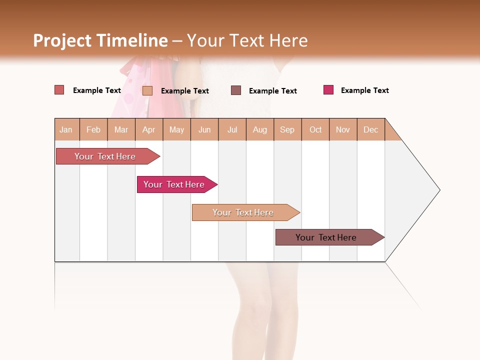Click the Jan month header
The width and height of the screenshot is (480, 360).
click(x=66, y=129)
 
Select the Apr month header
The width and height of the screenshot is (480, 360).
click(x=148, y=129)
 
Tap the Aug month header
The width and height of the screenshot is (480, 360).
click(x=259, y=129)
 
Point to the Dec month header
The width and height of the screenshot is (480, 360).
click(x=370, y=129)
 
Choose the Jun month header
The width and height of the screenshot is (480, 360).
click(x=204, y=129)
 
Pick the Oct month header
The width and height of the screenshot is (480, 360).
click(x=315, y=129)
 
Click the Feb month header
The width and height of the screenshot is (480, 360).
click(x=93, y=129)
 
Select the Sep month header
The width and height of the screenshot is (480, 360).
click(x=287, y=129)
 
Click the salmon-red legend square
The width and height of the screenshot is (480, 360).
click(x=59, y=90)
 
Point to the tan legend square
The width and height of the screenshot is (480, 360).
click(x=147, y=90)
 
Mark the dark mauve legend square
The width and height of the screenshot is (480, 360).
click(x=236, y=90)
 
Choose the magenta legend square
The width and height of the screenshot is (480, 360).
click(x=328, y=90)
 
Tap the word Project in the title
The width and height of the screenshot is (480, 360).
click(x=63, y=40)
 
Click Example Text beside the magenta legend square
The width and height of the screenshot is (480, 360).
click(x=364, y=90)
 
